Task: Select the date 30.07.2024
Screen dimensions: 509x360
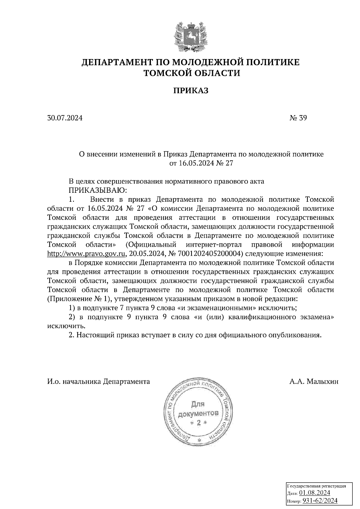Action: click(x=65, y=118)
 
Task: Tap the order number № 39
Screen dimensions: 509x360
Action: click(x=298, y=118)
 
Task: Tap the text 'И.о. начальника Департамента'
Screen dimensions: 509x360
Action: click(x=98, y=382)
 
